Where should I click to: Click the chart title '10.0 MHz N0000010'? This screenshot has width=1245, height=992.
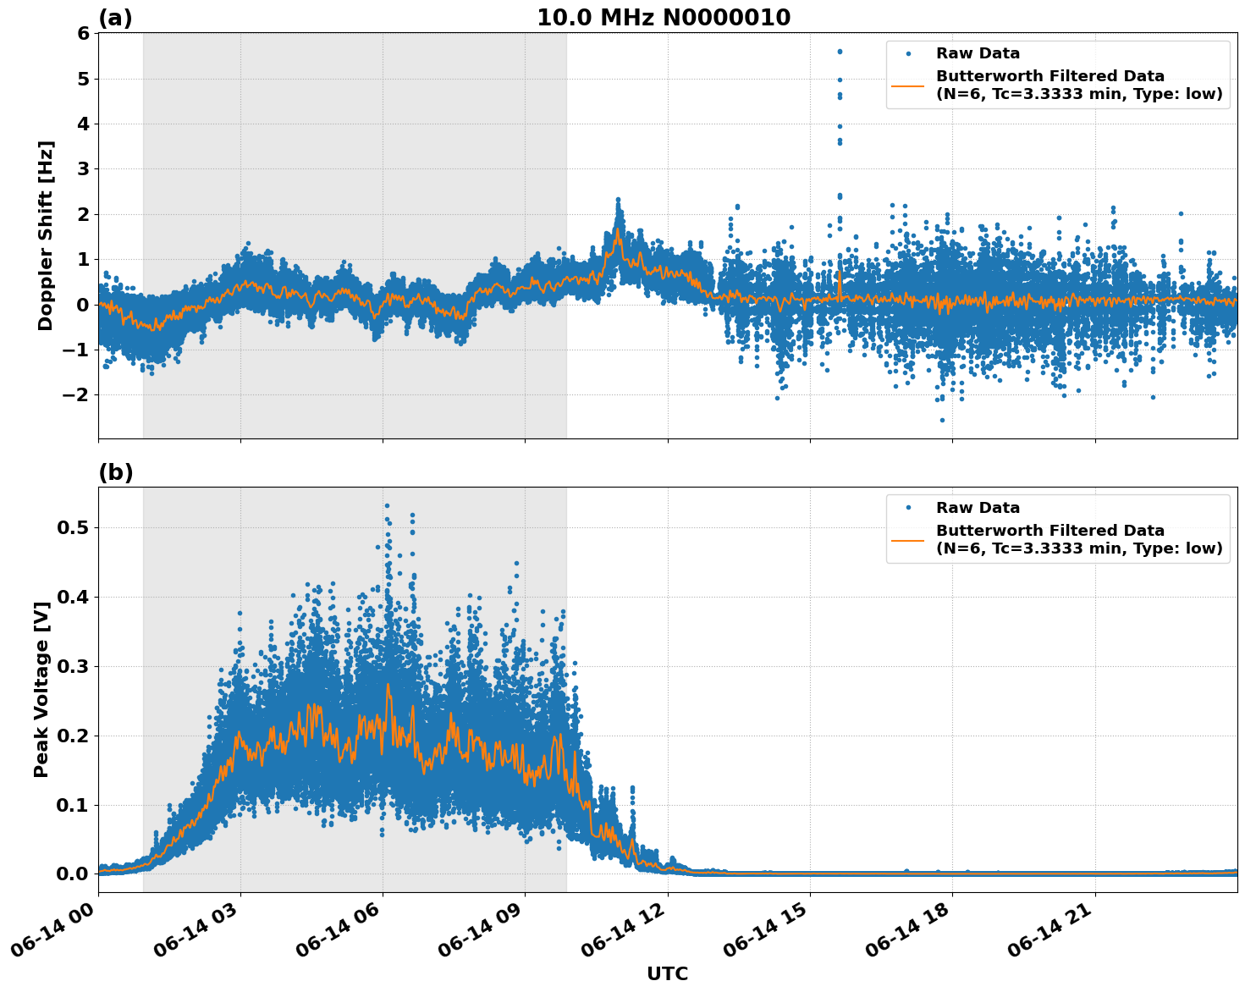[x=664, y=18]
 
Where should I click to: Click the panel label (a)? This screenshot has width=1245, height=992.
[x=115, y=18]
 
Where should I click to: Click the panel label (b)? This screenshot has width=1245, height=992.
[x=115, y=472]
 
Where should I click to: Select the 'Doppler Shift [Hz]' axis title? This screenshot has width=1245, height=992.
[x=46, y=235]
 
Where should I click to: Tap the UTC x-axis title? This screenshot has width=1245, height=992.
[x=667, y=973]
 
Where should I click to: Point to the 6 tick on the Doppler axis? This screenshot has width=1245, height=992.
[x=83, y=33]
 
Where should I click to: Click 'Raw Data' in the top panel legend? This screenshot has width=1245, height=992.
[x=978, y=53]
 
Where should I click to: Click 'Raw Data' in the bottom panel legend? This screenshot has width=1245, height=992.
[x=978, y=508]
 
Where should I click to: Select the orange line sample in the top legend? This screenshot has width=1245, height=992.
[x=909, y=85]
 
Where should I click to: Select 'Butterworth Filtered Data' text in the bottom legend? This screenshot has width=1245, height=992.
[x=1049, y=531]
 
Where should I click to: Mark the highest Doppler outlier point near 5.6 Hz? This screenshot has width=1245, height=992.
[x=840, y=52]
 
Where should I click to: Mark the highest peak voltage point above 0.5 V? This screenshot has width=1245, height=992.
[x=387, y=505]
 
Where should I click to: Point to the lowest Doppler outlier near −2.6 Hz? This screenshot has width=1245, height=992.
[x=942, y=420]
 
